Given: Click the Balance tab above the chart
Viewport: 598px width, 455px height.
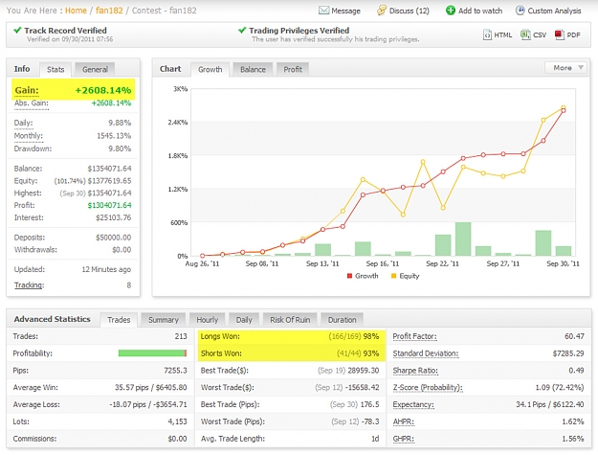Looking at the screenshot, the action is pyautogui.click(x=253, y=70).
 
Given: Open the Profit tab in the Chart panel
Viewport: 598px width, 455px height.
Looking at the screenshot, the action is pyautogui.click(x=293, y=70).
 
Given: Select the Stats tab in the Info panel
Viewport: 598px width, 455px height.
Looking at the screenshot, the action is pyautogui.click(x=55, y=70).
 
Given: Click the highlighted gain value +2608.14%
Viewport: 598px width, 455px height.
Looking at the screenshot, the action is pyautogui.click(x=103, y=90).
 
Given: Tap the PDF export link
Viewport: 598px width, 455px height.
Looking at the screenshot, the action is pyautogui.click(x=568, y=35).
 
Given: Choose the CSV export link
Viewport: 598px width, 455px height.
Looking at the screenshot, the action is pyautogui.click(x=534, y=35).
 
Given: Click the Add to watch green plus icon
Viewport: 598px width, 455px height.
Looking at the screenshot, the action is pyautogui.click(x=451, y=11).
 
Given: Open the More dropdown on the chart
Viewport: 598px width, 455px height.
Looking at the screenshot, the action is pyautogui.click(x=565, y=68).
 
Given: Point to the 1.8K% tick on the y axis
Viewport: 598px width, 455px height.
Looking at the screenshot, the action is pyautogui.click(x=178, y=156).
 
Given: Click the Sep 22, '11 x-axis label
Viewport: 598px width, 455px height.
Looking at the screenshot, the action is pyautogui.click(x=442, y=263).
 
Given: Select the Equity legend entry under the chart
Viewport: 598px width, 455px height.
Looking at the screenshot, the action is pyautogui.click(x=406, y=276).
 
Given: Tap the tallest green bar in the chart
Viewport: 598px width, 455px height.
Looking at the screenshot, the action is pyautogui.click(x=463, y=239).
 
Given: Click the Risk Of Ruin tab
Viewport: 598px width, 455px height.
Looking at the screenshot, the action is pyautogui.click(x=290, y=320).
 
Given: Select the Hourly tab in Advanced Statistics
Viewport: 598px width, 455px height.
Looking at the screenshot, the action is pyautogui.click(x=207, y=320).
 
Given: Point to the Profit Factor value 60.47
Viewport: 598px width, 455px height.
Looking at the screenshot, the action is pyautogui.click(x=574, y=336).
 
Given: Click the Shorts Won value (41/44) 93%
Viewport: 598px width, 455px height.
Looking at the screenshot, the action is pyautogui.click(x=358, y=353).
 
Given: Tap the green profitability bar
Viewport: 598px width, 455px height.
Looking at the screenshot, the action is pyautogui.click(x=152, y=353).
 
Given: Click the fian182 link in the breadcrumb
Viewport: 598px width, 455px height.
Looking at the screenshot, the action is pyautogui.click(x=109, y=11).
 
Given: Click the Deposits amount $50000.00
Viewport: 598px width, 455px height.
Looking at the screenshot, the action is pyautogui.click(x=113, y=238).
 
